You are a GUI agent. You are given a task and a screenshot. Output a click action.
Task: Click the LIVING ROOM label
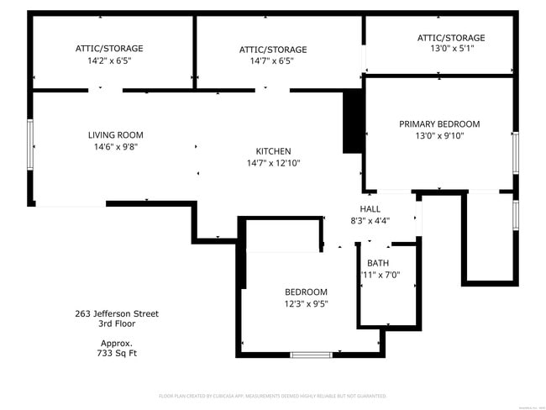(116, 134)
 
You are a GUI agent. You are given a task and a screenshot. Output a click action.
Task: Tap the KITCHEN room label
(273, 151)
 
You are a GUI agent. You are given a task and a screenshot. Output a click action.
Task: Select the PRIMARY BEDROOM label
(439, 124)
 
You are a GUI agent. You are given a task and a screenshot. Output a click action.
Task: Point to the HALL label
(370, 209)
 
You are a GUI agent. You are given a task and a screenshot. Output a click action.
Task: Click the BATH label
(378, 263)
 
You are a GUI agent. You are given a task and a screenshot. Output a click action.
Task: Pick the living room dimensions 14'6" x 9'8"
(116, 146)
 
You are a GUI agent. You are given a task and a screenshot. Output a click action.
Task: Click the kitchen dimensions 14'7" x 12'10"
(273, 163)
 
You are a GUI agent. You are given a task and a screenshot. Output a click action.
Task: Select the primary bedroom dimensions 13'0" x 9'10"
(439, 135)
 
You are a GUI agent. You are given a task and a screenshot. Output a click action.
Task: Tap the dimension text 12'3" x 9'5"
(306, 304)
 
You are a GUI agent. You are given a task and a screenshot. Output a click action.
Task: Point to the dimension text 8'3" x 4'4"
(370, 221)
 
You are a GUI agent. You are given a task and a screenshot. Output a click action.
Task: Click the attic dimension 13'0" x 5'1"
(451, 50)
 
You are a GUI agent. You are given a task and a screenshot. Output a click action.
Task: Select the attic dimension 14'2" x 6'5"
(109, 60)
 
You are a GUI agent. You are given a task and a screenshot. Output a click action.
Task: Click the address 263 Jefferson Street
(116, 314)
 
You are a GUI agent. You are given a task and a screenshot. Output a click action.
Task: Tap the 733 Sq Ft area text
(116, 353)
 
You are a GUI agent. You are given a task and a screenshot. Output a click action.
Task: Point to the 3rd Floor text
(116, 323)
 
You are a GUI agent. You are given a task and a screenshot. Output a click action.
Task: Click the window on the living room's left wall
(31, 144)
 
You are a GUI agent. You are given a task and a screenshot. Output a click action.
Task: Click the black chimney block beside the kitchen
(352, 122)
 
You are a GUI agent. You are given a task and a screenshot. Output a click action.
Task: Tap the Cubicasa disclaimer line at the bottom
(272, 395)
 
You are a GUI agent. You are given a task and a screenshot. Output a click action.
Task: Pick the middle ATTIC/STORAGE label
(273, 50)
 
